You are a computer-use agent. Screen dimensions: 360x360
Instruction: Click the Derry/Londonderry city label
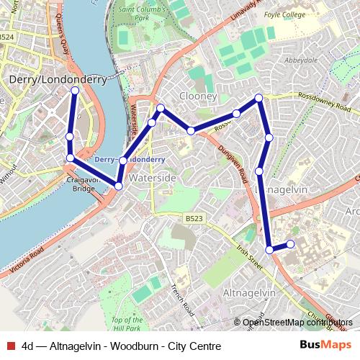point(57,79)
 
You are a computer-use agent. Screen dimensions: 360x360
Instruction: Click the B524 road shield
point(7,37)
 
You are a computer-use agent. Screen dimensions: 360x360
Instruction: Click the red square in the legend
point(10,346)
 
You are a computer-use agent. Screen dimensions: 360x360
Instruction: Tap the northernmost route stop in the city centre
point(75,90)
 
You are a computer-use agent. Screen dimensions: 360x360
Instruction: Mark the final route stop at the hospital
point(291,244)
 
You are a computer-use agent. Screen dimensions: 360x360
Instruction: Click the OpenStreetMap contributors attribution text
point(297,323)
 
